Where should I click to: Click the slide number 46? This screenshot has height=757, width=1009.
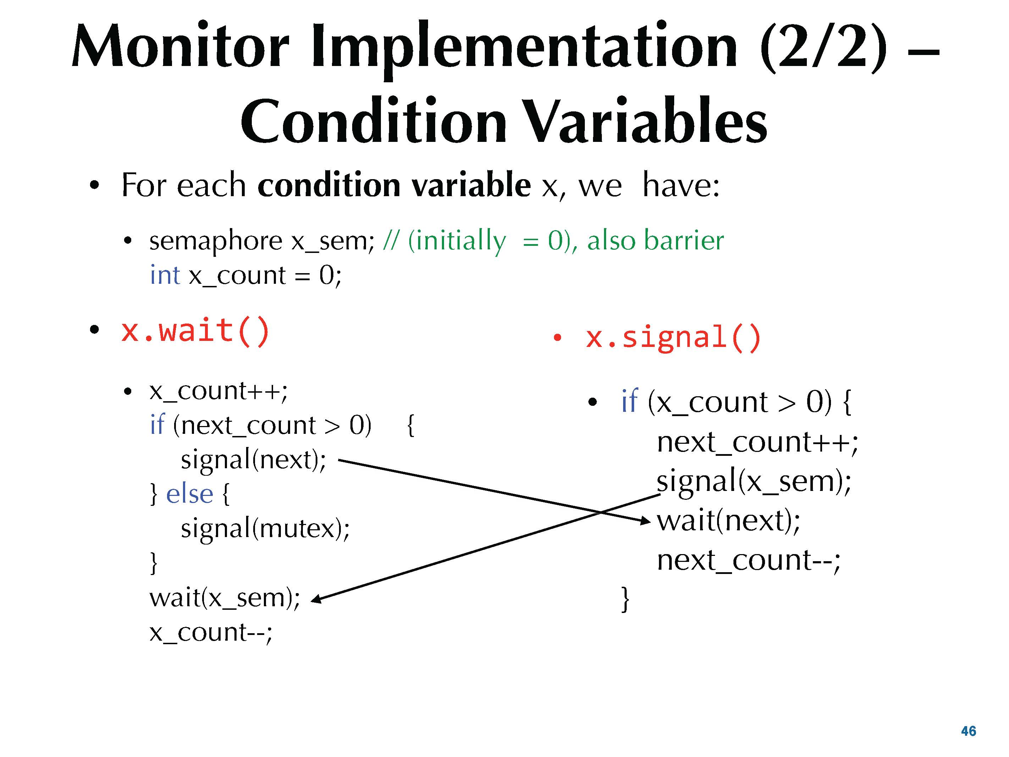point(969,731)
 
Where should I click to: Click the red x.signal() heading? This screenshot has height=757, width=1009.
point(673,338)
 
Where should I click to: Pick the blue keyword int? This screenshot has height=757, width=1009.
point(165,275)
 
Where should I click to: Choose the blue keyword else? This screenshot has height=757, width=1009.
point(189,494)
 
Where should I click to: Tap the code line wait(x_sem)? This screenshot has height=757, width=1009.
point(225,598)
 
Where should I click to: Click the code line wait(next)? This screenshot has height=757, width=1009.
point(728,521)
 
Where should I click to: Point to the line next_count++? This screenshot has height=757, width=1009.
point(757,443)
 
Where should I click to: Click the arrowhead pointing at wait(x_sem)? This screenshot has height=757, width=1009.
point(316,599)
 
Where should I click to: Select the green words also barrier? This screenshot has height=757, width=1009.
point(655,241)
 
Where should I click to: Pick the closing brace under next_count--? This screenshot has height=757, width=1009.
point(625,599)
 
